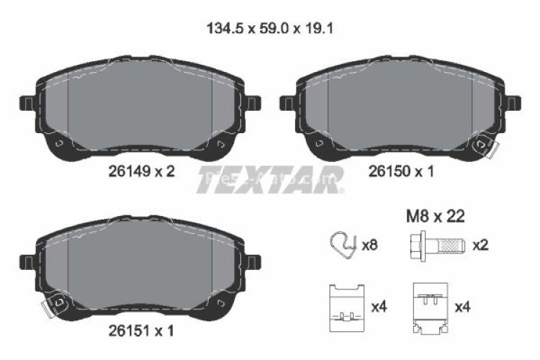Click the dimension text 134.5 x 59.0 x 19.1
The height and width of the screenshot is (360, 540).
click(269, 29)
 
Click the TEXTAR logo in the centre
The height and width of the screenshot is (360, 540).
click(269, 180)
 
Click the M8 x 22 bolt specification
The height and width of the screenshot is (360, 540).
click(436, 215)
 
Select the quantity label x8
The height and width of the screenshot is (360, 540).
click(369, 246)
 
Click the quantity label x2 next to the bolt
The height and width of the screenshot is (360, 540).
click(480, 246)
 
